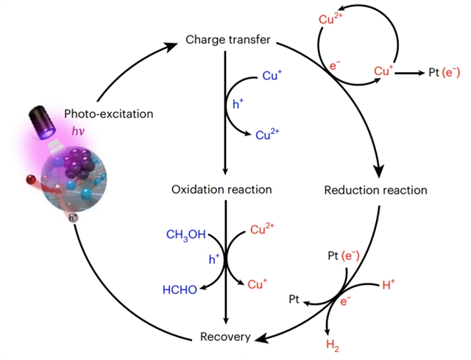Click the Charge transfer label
(227, 39)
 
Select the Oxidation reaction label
(222, 189)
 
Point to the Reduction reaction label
(375, 190)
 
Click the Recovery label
(225, 337)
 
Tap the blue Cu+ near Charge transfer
(272, 76)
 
